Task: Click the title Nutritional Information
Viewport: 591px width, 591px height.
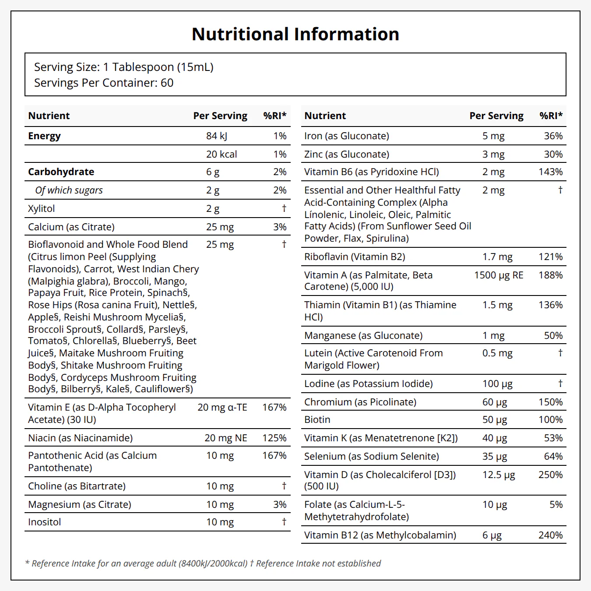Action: pyautogui.click(x=295, y=34)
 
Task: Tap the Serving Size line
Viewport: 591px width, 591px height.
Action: pyautogui.click(x=123, y=67)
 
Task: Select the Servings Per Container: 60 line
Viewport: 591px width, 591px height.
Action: pyautogui.click(x=104, y=83)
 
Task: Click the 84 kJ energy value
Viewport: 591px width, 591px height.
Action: pyautogui.click(x=217, y=136)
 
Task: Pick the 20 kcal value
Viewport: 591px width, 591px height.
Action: pyautogui.click(x=222, y=154)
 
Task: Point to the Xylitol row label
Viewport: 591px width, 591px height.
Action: pyautogui.click(x=42, y=208)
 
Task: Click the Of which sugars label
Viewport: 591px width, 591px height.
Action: pyautogui.click(x=69, y=190)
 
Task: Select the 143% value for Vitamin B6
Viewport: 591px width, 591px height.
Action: pyautogui.click(x=551, y=172)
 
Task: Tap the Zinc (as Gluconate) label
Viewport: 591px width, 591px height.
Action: pyautogui.click(x=347, y=154)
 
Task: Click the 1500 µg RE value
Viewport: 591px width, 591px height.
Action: pyautogui.click(x=499, y=275)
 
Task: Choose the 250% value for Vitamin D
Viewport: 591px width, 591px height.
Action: pyautogui.click(x=551, y=475)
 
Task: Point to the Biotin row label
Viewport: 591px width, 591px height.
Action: pyautogui.click(x=317, y=419)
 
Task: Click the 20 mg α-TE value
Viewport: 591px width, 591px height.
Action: pyautogui.click(x=222, y=407)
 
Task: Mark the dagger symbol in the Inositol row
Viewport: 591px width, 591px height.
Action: pyautogui.click(x=284, y=521)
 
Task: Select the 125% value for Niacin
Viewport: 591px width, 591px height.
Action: pyautogui.click(x=274, y=438)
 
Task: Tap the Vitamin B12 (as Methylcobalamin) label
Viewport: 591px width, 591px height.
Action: pyautogui.click(x=380, y=535)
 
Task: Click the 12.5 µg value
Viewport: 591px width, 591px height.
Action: pyautogui.click(x=499, y=475)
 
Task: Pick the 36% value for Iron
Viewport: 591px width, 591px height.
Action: pyautogui.click(x=553, y=136)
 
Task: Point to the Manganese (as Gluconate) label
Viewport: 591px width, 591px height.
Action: pyautogui.click(x=363, y=335)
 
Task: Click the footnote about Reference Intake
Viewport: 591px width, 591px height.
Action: pyautogui.click(x=203, y=563)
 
